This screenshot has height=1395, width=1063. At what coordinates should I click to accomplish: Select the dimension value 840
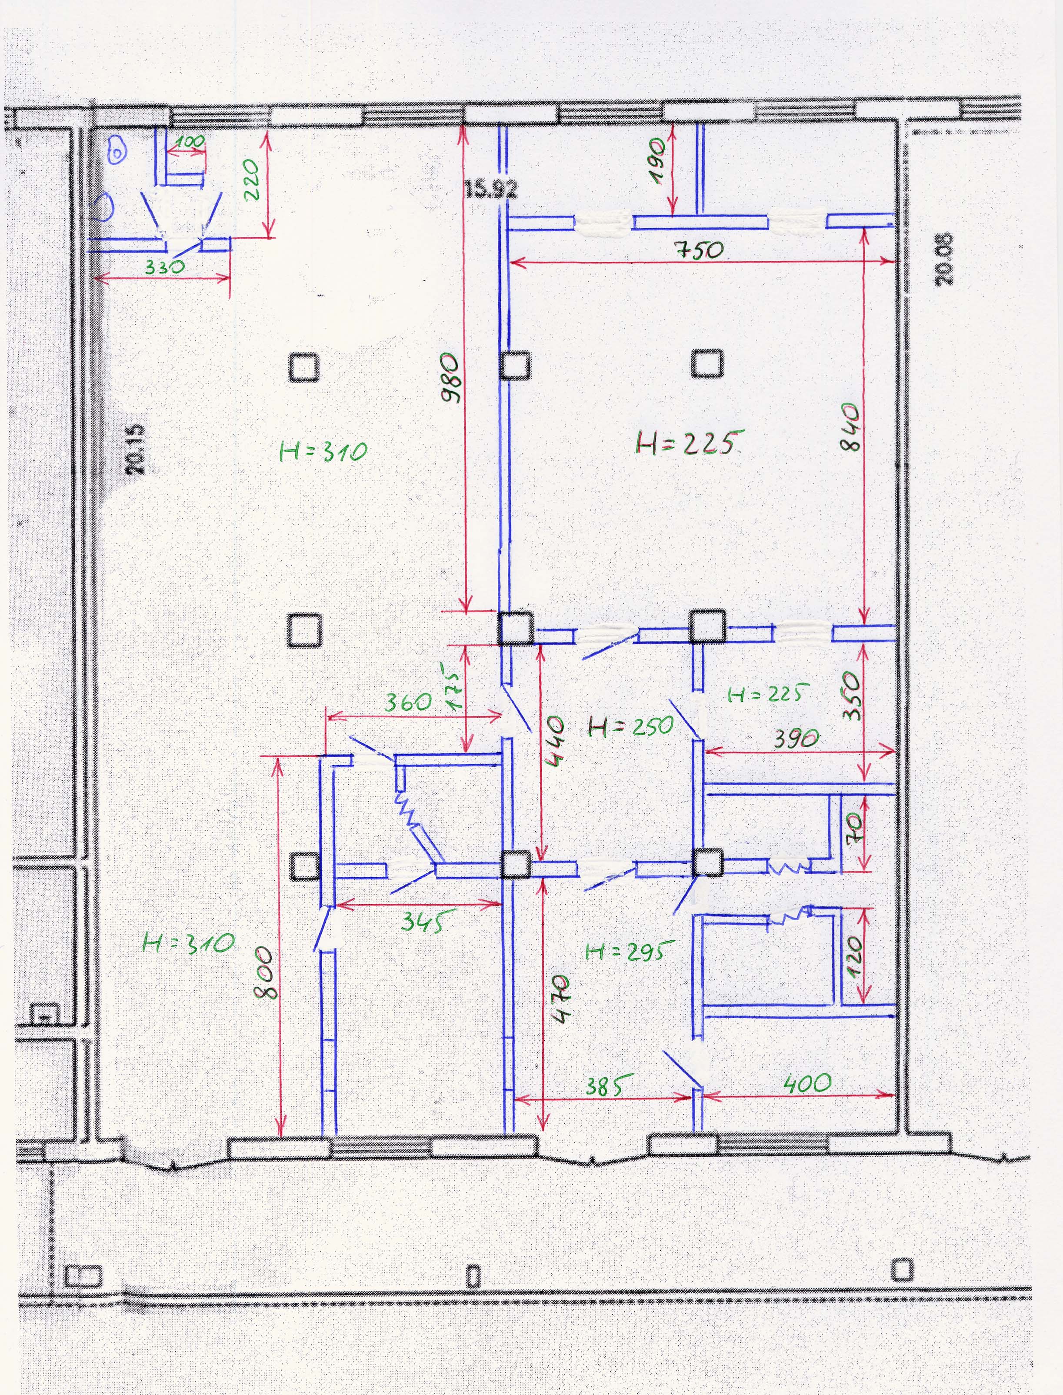click(x=851, y=428)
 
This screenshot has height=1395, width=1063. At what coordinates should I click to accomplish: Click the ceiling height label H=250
click(x=631, y=726)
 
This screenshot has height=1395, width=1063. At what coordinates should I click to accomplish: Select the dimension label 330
click(x=164, y=267)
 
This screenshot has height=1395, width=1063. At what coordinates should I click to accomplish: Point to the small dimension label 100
click(x=190, y=142)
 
